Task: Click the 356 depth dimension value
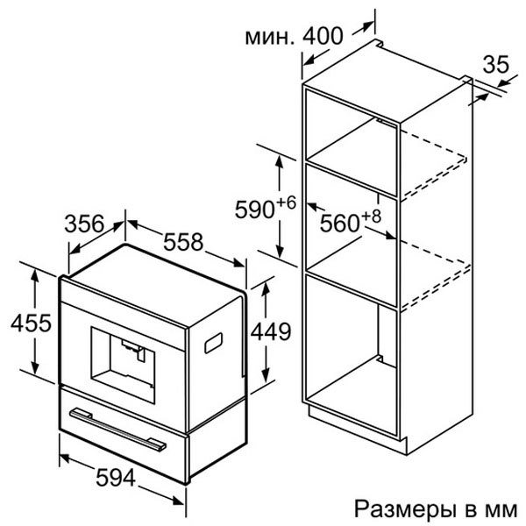(x=84, y=224)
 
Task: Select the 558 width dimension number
(x=183, y=242)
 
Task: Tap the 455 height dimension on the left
(x=31, y=323)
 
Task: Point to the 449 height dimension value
(x=271, y=331)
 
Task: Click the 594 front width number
(x=116, y=477)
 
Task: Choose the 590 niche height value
(x=254, y=210)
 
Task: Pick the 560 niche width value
(x=339, y=223)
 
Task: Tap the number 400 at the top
(x=323, y=36)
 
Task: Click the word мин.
(x=269, y=37)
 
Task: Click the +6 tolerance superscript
(x=286, y=203)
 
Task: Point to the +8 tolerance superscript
(x=371, y=216)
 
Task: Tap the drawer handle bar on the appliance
(x=117, y=428)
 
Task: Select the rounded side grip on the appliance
(x=213, y=343)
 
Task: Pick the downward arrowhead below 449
(x=266, y=375)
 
